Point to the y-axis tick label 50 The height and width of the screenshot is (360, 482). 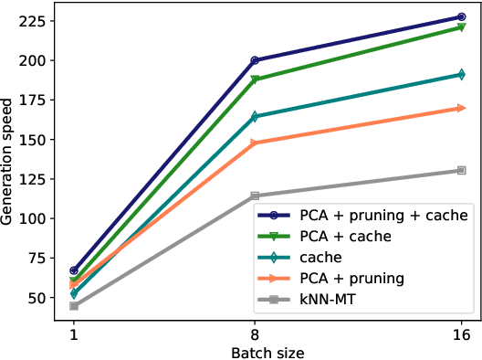35,298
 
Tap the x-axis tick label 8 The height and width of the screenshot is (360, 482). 255,335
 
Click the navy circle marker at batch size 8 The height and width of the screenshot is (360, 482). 255,60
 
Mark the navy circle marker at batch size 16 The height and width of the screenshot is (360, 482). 461,17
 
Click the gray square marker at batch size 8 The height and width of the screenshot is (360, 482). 255,196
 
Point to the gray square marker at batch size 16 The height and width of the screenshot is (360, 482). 461,170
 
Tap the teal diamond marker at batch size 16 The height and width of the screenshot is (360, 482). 461,75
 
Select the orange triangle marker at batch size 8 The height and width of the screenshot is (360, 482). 255,143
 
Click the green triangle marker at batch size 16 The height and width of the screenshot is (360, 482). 461,28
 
